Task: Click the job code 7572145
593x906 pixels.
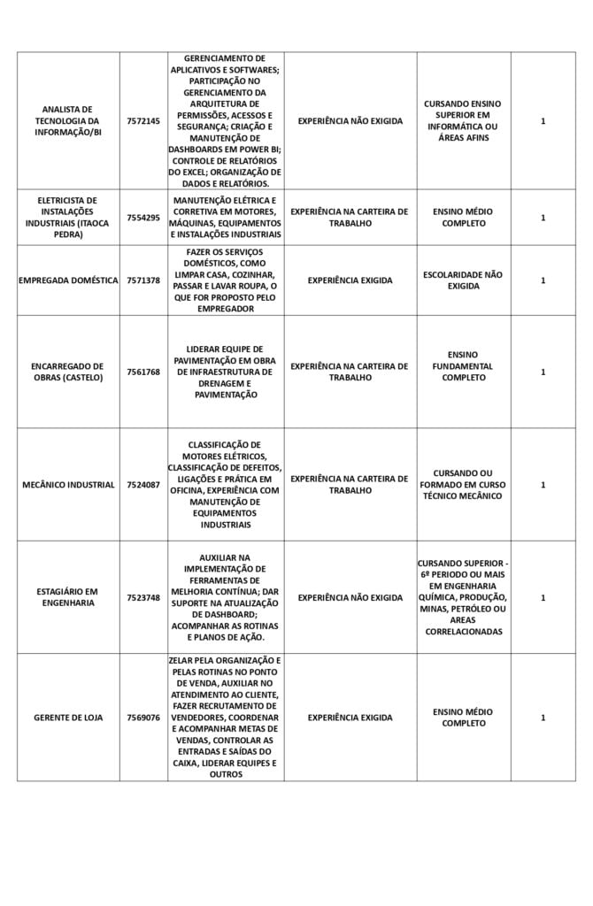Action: [143, 121]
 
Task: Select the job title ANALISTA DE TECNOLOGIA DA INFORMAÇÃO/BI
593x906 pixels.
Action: [68, 121]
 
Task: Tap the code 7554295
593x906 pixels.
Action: [143, 218]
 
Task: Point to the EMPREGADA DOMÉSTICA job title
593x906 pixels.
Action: [68, 280]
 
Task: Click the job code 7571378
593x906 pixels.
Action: [143, 280]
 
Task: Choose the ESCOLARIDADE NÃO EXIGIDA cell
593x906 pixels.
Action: [463, 280]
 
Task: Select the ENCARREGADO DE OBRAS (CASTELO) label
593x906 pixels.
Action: [68, 372]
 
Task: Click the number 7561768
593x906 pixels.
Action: [143, 372]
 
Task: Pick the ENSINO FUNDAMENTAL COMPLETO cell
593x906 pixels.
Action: [463, 365]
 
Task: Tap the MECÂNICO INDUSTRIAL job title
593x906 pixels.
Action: [68, 485]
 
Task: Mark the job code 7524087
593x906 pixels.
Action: [143, 485]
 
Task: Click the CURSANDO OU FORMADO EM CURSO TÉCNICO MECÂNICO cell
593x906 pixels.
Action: [463, 485]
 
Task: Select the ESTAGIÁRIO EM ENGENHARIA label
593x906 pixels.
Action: [68, 597]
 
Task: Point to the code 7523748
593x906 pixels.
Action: [143, 598]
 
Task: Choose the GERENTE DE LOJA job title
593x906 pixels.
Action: [68, 718]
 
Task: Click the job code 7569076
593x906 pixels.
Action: [143, 718]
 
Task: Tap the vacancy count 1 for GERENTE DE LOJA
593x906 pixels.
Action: [543, 718]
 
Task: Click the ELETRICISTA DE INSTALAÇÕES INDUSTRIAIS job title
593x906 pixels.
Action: [68, 218]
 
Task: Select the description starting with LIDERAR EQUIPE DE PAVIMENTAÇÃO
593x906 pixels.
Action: [226, 372]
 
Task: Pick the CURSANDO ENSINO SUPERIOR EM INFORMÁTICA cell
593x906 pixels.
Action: [463, 121]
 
